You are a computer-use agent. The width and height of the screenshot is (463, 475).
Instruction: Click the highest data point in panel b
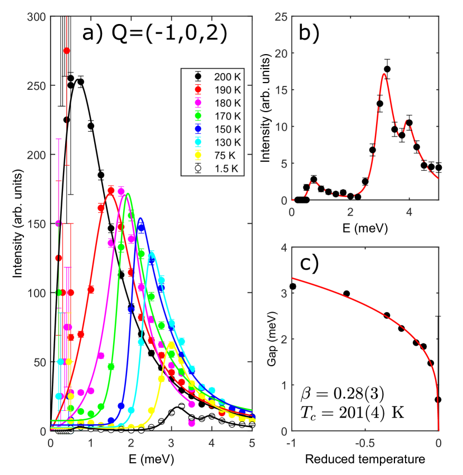pos(387,69)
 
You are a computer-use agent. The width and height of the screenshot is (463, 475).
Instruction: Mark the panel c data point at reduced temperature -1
pos(293,286)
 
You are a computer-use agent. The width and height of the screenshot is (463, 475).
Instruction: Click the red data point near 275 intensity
pos(67,51)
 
